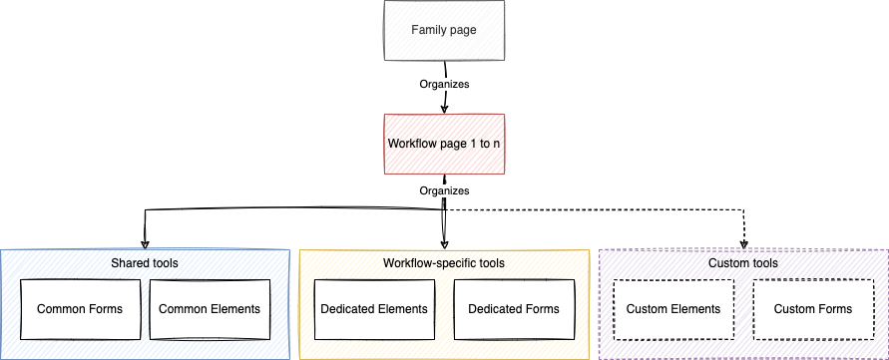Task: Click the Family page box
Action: pos(444,30)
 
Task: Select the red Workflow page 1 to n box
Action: pos(444,144)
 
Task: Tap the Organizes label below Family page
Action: pos(444,85)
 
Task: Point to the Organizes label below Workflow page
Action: pos(444,189)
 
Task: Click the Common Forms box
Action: pos(80,309)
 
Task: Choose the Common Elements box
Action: pos(210,309)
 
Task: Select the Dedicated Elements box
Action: pos(374,309)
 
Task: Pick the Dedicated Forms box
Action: pos(514,309)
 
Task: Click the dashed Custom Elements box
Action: pos(673,309)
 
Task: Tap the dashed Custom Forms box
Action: pos(813,309)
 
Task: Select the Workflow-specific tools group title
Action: pos(444,263)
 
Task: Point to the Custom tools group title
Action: pos(743,263)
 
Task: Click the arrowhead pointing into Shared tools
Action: pos(146,244)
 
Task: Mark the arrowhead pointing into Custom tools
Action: pos(744,244)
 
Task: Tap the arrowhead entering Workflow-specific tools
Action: pos(444,244)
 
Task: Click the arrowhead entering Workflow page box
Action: pos(444,109)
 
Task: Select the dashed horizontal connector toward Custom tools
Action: pos(599,210)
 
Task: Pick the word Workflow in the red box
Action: pos(410,144)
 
